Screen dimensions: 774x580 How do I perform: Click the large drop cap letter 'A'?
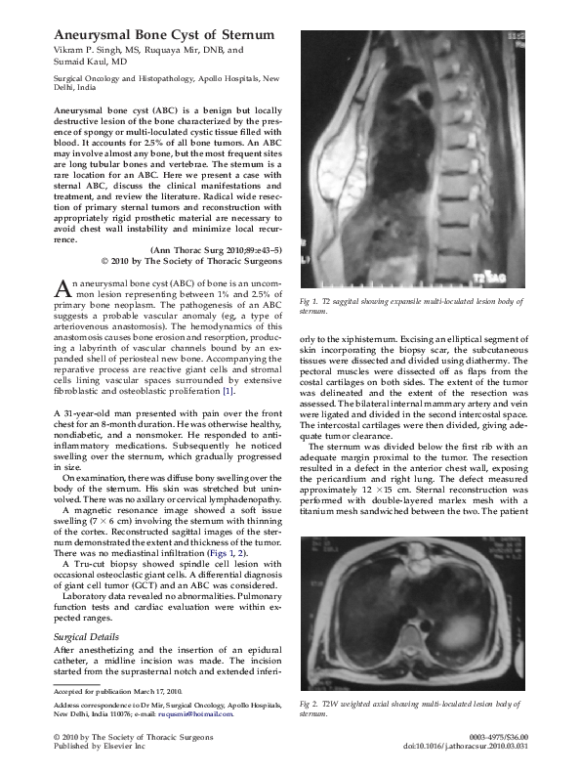coord(62,289)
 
